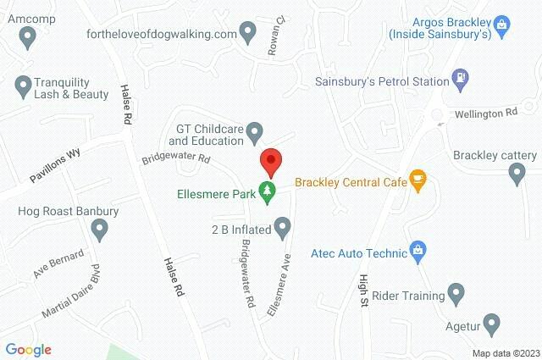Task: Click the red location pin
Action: pos(270,160)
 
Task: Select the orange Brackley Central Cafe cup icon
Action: pos(418,180)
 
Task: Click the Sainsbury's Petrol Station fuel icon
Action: pos(460,78)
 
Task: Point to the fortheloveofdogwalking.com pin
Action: pos(248,34)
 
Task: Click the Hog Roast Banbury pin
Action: pos(101,229)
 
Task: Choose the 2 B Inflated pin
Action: pos(283,227)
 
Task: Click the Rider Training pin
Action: pos(456,296)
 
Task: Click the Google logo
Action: pos(29,350)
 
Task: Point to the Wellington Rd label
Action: pos(486,113)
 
